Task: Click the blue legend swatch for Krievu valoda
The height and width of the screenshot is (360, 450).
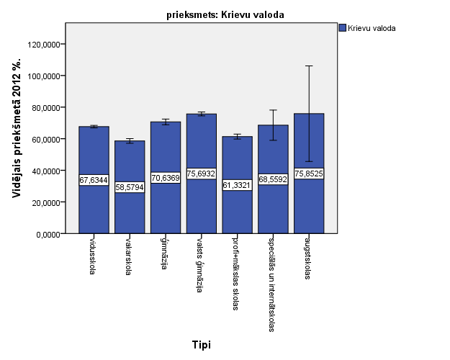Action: point(342,29)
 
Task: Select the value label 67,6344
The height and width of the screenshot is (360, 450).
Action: point(94,180)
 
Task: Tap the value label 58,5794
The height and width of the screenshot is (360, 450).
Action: point(130,187)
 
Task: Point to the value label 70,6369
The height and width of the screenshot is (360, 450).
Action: point(166,178)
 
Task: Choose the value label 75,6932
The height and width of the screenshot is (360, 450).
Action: point(201,174)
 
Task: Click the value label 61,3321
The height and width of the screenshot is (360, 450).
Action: point(237,185)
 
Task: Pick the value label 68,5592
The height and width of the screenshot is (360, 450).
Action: point(273,179)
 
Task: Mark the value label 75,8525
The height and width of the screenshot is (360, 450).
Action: point(309,174)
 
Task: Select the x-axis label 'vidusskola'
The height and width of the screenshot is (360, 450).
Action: point(92,257)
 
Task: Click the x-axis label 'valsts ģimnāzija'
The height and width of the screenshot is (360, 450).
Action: point(199,266)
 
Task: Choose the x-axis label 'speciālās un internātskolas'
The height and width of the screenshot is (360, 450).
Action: point(271,283)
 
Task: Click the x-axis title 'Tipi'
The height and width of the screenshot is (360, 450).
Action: point(202,345)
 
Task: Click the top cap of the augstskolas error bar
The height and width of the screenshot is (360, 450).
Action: point(309,66)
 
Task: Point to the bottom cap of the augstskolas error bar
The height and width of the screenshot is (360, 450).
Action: point(309,161)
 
